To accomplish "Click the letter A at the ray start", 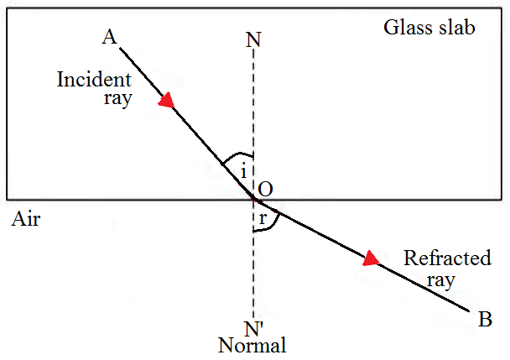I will coord(108,38).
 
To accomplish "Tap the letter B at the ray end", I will coord(484,319).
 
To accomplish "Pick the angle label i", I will coord(243,172).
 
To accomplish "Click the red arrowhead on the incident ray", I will coord(167,101).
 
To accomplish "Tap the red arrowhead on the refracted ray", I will coord(370,259).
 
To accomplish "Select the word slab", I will coord(459,27).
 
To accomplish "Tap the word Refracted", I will coord(447,258).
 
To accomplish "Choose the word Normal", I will coord(252,345).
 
